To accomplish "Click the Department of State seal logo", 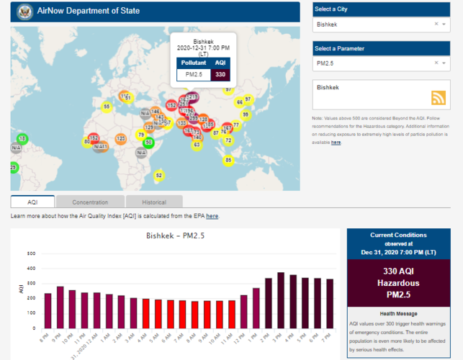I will click(22, 12).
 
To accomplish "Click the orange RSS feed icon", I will click(438, 98).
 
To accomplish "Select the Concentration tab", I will click(90, 202).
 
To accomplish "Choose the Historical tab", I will click(154, 202).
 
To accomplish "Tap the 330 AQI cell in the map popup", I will click(220, 74).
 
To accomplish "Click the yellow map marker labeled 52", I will click(159, 175).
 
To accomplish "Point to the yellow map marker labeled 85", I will click(228, 160).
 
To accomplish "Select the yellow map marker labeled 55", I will click(107, 107).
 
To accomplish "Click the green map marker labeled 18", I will click(22, 138).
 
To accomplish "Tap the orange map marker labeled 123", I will click(120, 138).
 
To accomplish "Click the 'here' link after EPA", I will click(212, 216).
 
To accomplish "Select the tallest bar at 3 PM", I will click(281, 299).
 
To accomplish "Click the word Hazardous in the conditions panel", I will click(398, 282).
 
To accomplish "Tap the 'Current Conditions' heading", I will click(398, 235).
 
